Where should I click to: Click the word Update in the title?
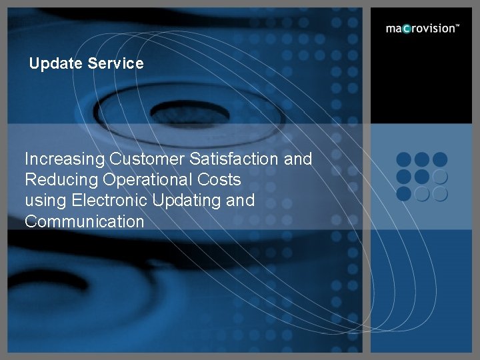(56, 64)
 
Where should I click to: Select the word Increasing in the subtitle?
(65, 159)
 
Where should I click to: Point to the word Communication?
(84, 221)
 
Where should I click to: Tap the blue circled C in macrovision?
(407, 29)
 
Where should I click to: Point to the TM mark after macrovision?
(457, 26)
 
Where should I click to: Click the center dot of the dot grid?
(421, 177)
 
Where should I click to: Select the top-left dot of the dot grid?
(404, 160)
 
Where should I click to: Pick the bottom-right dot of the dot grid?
(439, 194)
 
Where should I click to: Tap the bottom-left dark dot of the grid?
(404, 194)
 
